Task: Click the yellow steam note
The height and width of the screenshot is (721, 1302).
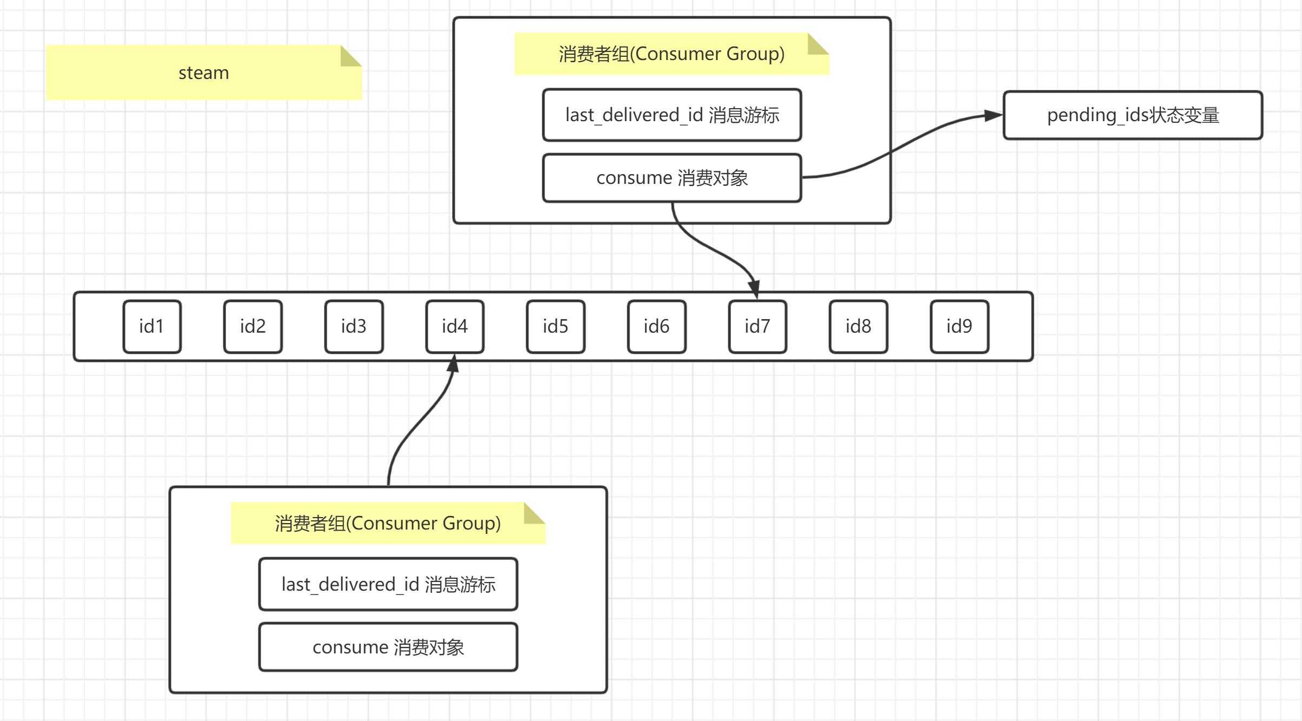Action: [x=203, y=72]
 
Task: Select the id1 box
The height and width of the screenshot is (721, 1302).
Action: [x=152, y=327]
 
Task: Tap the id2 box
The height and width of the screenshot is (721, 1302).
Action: [x=253, y=327]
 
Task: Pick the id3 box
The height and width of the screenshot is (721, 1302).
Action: [x=354, y=327]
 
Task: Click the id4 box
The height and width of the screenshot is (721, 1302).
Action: [x=455, y=327]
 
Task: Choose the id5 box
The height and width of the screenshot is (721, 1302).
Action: [x=556, y=327]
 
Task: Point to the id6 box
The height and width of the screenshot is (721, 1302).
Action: [x=657, y=327]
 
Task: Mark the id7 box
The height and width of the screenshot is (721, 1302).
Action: [x=758, y=327]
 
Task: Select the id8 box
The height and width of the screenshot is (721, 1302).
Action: [x=859, y=327]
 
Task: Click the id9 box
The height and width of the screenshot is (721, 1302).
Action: [x=960, y=327]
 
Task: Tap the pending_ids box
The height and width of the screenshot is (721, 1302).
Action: [x=1133, y=115]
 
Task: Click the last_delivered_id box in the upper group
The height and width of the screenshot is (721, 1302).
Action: [x=672, y=115]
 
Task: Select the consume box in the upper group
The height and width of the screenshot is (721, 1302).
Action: [x=672, y=178]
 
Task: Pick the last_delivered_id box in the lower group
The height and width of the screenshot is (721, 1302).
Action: [x=388, y=584]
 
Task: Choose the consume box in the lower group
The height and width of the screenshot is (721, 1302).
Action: [x=388, y=647]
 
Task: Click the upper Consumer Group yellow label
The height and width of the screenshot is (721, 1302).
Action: [x=672, y=54]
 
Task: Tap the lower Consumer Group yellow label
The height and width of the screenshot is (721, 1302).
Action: [x=388, y=523]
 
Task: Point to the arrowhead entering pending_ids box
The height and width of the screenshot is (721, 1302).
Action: [x=993, y=115]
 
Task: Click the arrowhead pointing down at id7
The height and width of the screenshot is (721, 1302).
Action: [x=754, y=288]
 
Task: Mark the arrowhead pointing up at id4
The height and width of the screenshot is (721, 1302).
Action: [x=454, y=363]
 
